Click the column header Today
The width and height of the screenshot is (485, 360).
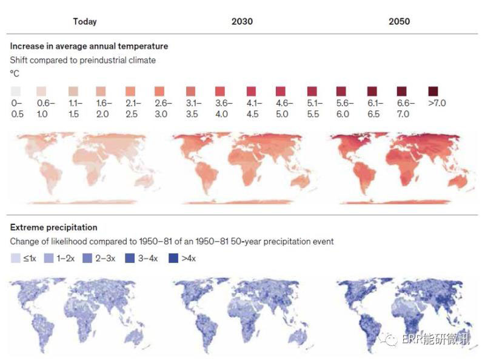[x=84, y=21]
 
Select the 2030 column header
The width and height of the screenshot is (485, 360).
[x=242, y=21]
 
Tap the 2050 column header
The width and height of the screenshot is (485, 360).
[x=399, y=21]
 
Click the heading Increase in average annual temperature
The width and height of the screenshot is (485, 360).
[x=89, y=46]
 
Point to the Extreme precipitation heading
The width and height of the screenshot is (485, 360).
[x=53, y=227]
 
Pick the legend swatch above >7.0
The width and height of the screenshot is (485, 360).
[x=433, y=91]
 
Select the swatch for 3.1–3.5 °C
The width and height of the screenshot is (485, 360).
[x=191, y=91]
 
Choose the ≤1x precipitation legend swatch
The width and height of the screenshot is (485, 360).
[x=15, y=258]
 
